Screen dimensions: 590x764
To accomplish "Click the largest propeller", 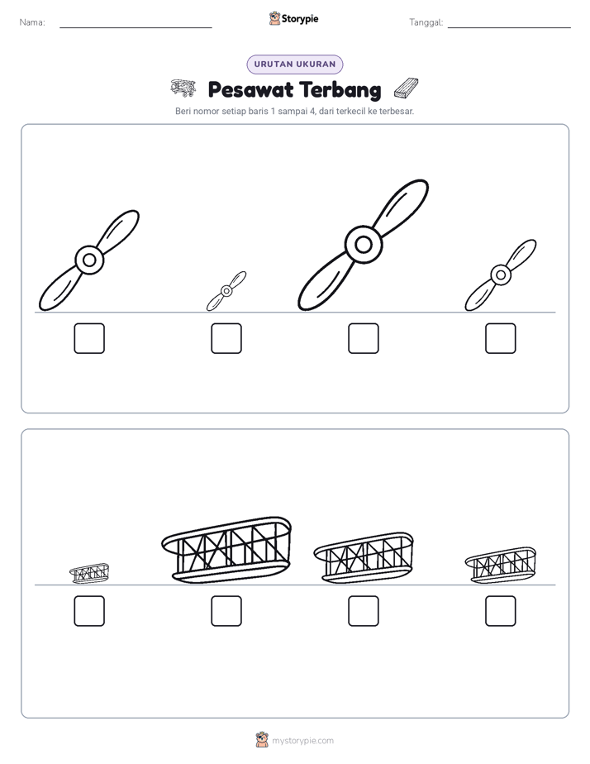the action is (x=363, y=245).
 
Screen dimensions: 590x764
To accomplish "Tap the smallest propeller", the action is (x=226, y=291).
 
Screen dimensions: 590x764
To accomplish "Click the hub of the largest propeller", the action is (x=363, y=245).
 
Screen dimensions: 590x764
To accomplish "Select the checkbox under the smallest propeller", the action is (x=226, y=338).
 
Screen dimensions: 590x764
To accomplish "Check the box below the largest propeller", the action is (x=363, y=338).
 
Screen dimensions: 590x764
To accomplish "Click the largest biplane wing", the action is (x=226, y=550).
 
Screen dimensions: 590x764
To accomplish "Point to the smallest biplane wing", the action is (x=89, y=573).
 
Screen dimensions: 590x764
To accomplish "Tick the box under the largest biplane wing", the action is (x=226, y=610).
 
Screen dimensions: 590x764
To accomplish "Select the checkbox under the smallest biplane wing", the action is (x=89, y=610).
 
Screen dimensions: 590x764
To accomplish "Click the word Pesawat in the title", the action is (x=250, y=89).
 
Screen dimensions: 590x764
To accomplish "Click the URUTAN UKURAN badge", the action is (x=295, y=64).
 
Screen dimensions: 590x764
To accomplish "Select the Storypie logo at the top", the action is (x=293, y=18).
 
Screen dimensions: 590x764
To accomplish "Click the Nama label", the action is (x=32, y=22).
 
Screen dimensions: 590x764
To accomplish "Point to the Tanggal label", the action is (x=426, y=22).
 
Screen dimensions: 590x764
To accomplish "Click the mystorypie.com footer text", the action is (x=302, y=741).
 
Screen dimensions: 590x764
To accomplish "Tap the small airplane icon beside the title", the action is (x=183, y=88).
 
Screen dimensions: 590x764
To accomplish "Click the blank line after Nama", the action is (x=136, y=27).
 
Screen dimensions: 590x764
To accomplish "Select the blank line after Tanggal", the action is (x=509, y=27).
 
